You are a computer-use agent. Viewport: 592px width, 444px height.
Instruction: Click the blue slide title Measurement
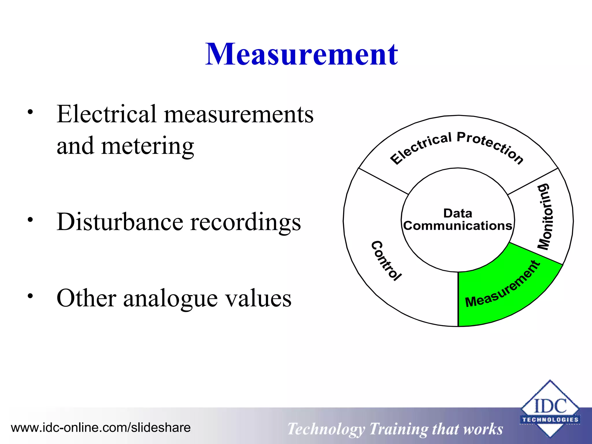[x=301, y=54]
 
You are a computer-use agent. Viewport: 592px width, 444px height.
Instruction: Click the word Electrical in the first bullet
[x=106, y=114]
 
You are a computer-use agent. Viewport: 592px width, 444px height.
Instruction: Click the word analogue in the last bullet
[x=171, y=299]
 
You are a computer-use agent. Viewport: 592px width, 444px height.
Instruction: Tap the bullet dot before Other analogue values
[x=30, y=296]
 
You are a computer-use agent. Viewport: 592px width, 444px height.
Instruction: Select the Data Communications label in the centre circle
[x=458, y=220]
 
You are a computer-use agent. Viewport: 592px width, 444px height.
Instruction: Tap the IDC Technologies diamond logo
[x=550, y=408]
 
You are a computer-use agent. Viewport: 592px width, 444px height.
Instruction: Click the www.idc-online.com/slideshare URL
[x=101, y=428]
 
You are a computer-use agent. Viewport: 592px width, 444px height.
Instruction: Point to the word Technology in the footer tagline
[x=326, y=429]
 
